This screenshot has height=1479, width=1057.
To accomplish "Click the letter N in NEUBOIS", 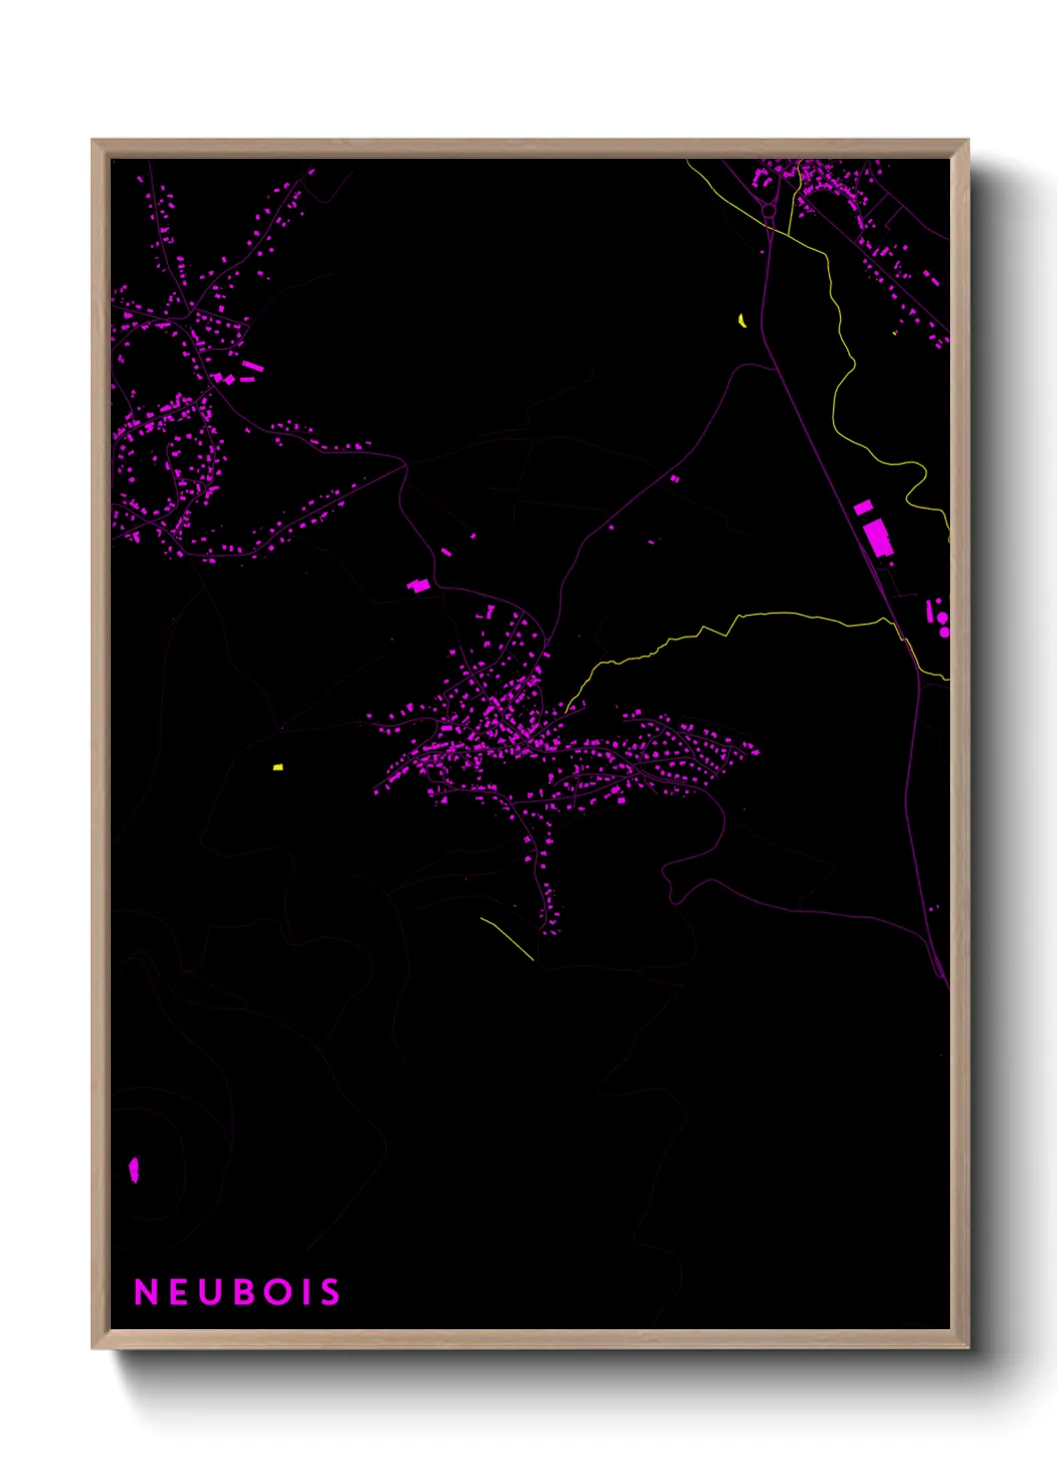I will (x=146, y=1292).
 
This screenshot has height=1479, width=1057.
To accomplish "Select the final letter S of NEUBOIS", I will (x=330, y=1292).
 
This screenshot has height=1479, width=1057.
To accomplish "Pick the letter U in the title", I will (x=213, y=1292).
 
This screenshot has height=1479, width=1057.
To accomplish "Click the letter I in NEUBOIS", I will (x=308, y=1292).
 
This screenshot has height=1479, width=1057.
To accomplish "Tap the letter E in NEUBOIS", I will (x=180, y=1292).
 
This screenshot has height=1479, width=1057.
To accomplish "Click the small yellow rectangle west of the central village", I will (x=278, y=767).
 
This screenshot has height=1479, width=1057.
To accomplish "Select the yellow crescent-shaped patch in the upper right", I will (x=741, y=321).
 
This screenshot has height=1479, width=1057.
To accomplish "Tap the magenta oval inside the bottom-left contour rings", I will (x=134, y=1168).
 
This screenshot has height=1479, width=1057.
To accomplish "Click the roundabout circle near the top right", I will (x=768, y=211).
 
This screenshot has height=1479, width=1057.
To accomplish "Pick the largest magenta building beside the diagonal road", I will (x=878, y=537).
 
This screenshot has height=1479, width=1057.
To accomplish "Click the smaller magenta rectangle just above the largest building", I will (x=863, y=508).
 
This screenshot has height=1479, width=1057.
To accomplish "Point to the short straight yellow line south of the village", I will (x=507, y=938).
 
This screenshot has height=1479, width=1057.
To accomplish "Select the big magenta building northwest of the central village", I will (x=419, y=586).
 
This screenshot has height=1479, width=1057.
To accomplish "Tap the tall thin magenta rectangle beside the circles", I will (x=929, y=611).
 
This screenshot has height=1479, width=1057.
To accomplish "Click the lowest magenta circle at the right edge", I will (x=943, y=631).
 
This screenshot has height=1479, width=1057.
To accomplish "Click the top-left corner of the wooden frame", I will (x=93, y=141).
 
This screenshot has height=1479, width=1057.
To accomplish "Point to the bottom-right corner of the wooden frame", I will (x=967, y=1347).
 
